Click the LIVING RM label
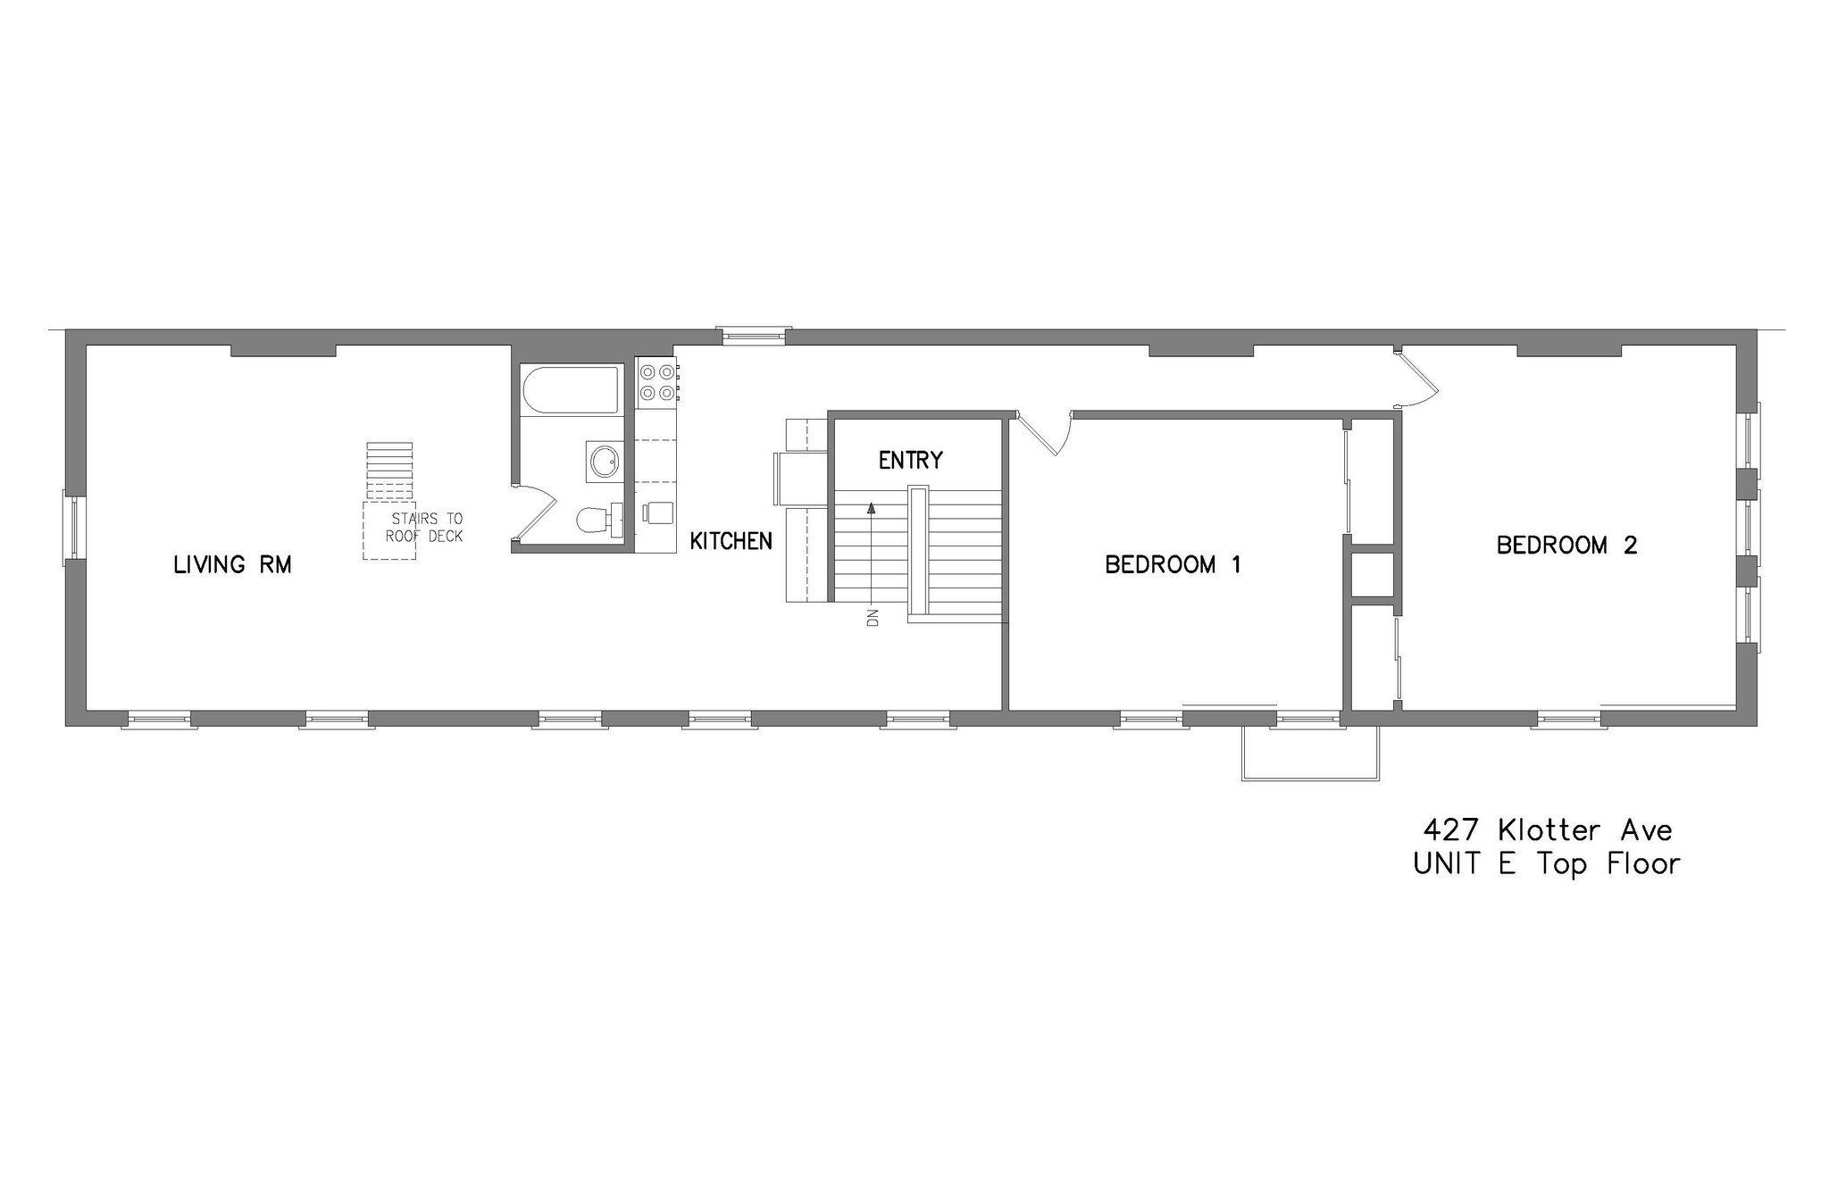[232, 564]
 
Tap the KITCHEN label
[731, 541]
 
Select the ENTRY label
[910, 461]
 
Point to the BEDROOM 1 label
[1173, 564]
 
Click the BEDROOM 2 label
[1566, 545]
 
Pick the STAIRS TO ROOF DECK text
[425, 528]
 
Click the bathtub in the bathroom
[571, 390]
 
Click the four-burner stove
[656, 381]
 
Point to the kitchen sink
[658, 512]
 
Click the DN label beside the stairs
[873, 617]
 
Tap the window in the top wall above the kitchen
[755, 335]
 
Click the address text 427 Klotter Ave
[1547, 830]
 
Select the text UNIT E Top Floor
[1547, 864]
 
